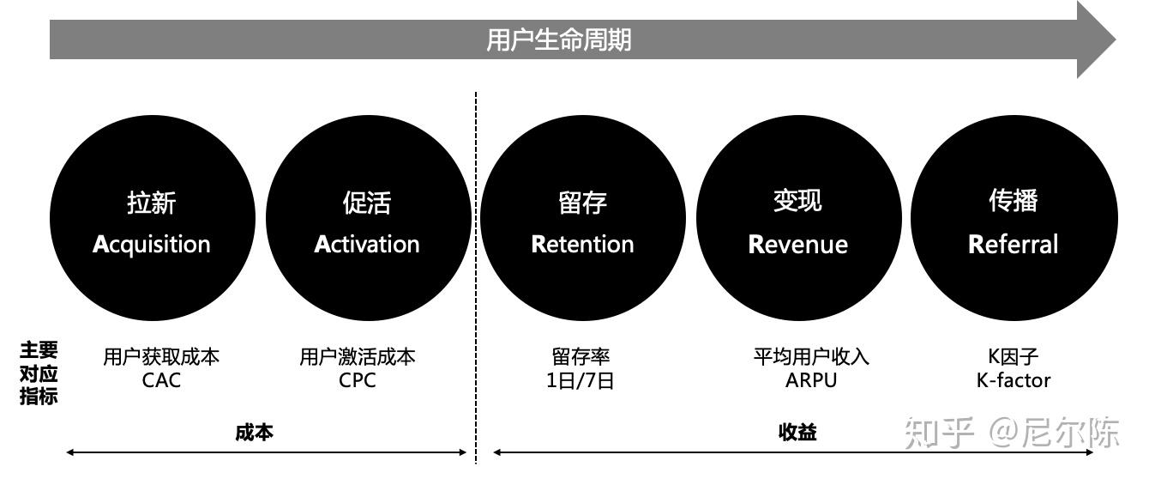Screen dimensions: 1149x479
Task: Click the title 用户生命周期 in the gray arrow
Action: click(x=558, y=40)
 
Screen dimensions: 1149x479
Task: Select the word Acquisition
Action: click(x=151, y=245)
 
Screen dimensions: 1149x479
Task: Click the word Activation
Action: click(x=367, y=244)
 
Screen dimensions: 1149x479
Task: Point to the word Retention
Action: click(x=583, y=245)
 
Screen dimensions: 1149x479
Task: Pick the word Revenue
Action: click(x=798, y=245)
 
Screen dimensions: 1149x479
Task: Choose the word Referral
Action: click(x=1013, y=245)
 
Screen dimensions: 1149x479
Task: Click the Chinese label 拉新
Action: click(x=151, y=203)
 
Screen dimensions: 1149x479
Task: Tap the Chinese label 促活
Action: click(x=367, y=203)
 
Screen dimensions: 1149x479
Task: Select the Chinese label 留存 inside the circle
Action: click(x=583, y=203)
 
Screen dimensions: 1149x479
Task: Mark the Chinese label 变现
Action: click(x=797, y=200)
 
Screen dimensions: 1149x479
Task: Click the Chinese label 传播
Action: click(x=1013, y=200)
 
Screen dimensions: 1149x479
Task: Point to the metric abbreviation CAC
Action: click(x=161, y=380)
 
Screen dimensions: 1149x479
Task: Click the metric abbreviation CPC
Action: click(x=357, y=380)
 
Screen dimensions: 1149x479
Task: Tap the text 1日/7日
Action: click(x=581, y=381)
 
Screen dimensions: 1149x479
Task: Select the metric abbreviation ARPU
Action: click(x=811, y=380)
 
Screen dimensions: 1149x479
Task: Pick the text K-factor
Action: click(x=1013, y=380)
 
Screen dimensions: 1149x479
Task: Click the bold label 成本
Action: click(x=254, y=433)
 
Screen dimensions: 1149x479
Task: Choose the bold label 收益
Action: click(x=797, y=433)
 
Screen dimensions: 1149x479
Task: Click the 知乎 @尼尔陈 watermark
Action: click(x=1012, y=433)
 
